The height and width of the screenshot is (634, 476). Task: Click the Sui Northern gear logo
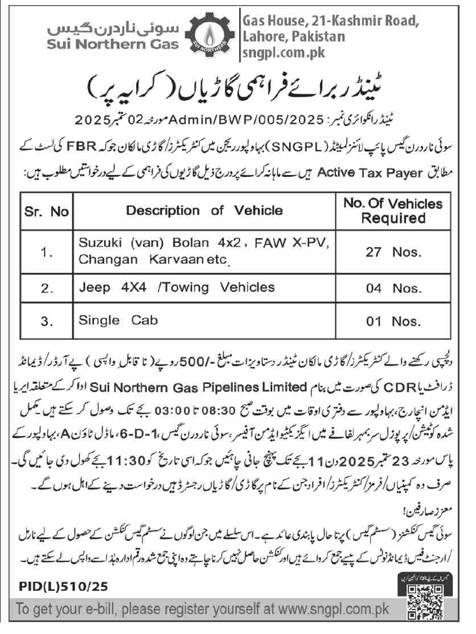pos(211,35)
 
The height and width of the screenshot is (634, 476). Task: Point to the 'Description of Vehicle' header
pos(204,211)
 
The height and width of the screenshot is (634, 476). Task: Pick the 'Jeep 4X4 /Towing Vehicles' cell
pos(177,287)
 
